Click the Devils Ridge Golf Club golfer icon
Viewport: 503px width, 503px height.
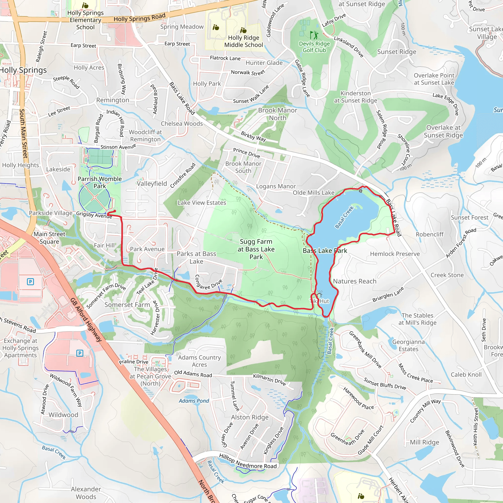pos(314,35)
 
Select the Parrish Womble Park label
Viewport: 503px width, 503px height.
pos(100,182)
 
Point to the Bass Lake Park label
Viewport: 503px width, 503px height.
pos(325,251)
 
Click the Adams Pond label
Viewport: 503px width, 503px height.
pos(194,401)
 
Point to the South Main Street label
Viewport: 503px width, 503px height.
pos(24,133)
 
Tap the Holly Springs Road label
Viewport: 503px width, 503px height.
pos(140,18)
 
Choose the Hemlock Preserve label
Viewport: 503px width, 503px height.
pos(395,254)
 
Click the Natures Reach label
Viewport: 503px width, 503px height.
pos(355,281)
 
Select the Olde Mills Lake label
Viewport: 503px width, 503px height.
pos(313,193)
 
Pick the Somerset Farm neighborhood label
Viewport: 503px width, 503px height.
pos(127,305)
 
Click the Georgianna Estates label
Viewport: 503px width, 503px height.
pos(408,346)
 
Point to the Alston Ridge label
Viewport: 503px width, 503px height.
pos(250,417)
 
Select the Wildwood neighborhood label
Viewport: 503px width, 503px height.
pos(63,415)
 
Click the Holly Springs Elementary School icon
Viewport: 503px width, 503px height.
pos(85,5)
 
